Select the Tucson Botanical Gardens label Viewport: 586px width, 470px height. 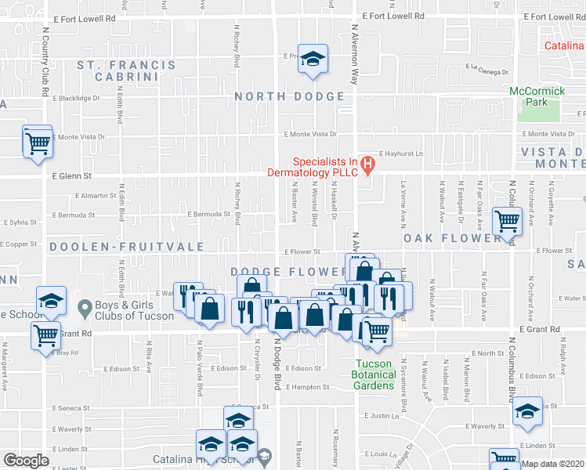pos(374,374)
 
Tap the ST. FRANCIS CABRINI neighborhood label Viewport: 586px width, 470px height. pos(126,70)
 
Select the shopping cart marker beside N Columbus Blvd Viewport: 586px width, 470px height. pos(506,221)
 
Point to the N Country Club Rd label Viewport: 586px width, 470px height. pos(46,63)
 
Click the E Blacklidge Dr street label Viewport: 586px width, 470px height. pos(77,98)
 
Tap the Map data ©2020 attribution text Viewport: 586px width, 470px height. pos(553,464)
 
